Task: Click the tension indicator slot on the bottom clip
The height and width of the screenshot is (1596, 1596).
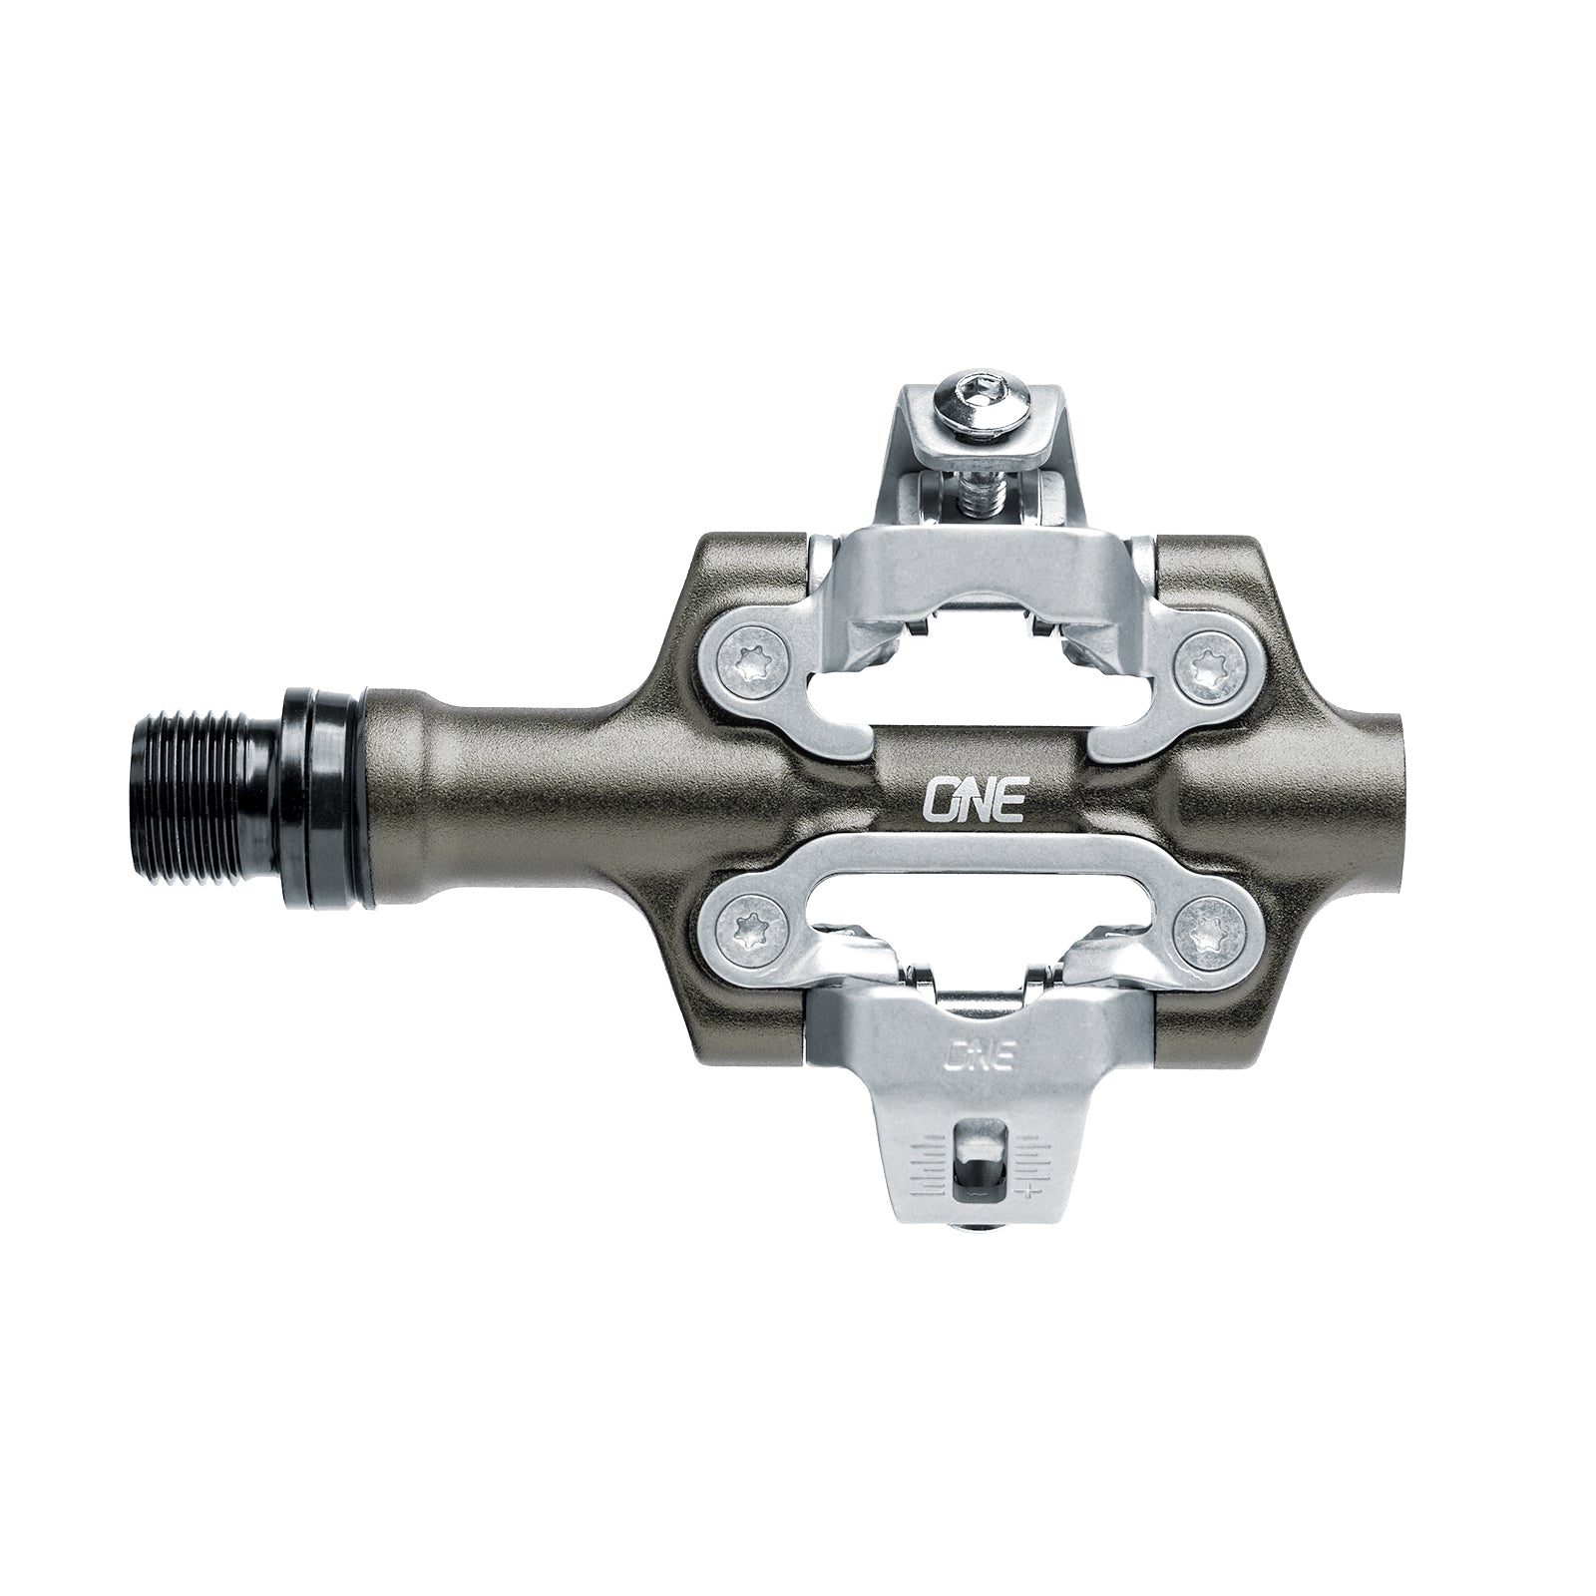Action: click(977, 1157)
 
